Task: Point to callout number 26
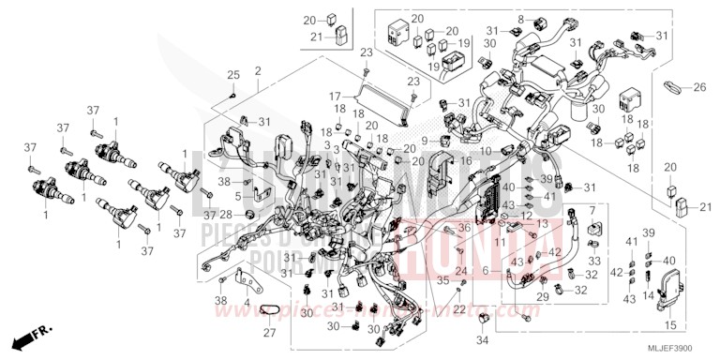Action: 699,88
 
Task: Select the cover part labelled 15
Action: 669,292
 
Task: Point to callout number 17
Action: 334,97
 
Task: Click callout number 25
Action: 233,73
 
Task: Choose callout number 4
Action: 246,302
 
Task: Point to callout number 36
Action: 464,228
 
